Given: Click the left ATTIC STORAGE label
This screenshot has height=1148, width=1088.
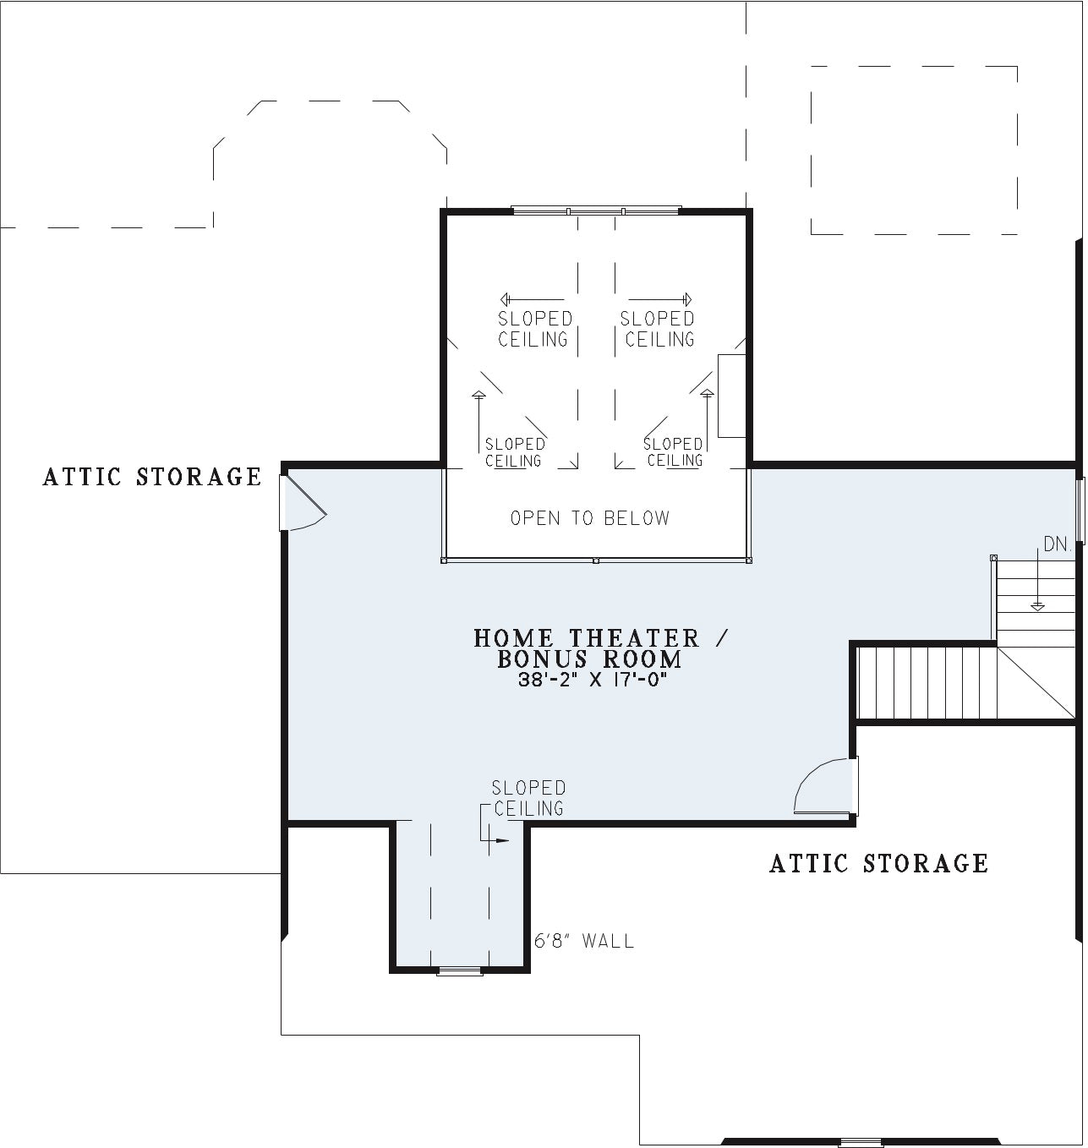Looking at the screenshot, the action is tap(152, 477).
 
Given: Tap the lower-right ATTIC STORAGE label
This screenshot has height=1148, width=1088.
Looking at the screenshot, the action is tap(878, 863).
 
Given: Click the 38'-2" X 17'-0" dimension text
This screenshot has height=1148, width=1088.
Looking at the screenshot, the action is tap(592, 680).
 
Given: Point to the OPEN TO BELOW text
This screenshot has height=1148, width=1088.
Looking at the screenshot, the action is tap(590, 518).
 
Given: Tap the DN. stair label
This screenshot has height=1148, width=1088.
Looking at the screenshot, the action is tap(1057, 544).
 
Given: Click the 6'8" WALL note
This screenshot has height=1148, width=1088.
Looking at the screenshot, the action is tap(584, 941).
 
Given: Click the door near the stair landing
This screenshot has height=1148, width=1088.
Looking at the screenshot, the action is tap(825, 786).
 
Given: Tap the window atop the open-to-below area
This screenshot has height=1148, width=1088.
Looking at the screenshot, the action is tap(596, 210).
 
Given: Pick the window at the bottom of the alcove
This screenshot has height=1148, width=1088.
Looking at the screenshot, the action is tap(460, 971).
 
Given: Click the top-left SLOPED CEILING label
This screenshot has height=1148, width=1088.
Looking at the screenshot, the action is tap(533, 329).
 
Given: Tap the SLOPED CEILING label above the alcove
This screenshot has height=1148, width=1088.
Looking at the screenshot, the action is tap(528, 798).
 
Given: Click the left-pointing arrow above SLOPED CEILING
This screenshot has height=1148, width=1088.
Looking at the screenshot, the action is tap(532, 299).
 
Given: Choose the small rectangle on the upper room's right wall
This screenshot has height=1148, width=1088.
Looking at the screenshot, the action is tap(732, 396).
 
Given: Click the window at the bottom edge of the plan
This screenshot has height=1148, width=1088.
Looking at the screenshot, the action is tap(861, 1143).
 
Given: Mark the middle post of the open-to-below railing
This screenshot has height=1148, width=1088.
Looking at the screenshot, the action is tap(596, 560).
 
